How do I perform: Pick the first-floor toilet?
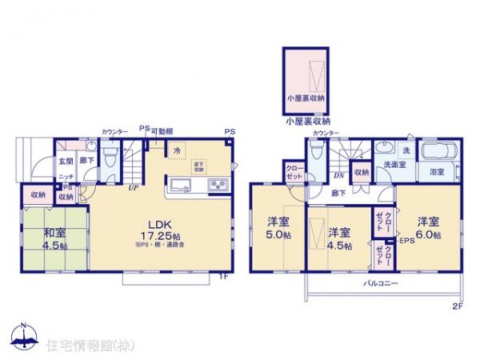tap(110, 153)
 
